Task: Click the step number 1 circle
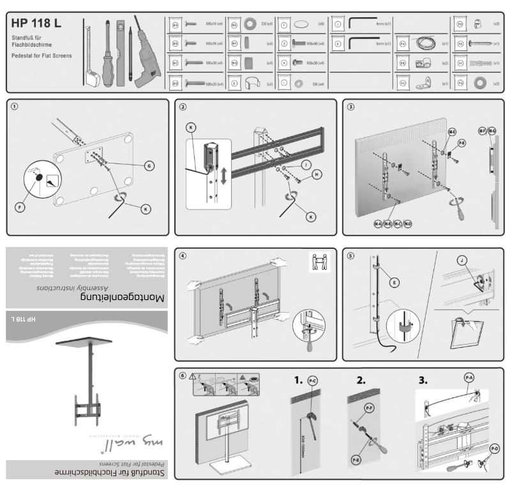15,107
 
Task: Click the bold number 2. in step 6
361,380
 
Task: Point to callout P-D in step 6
494,449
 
